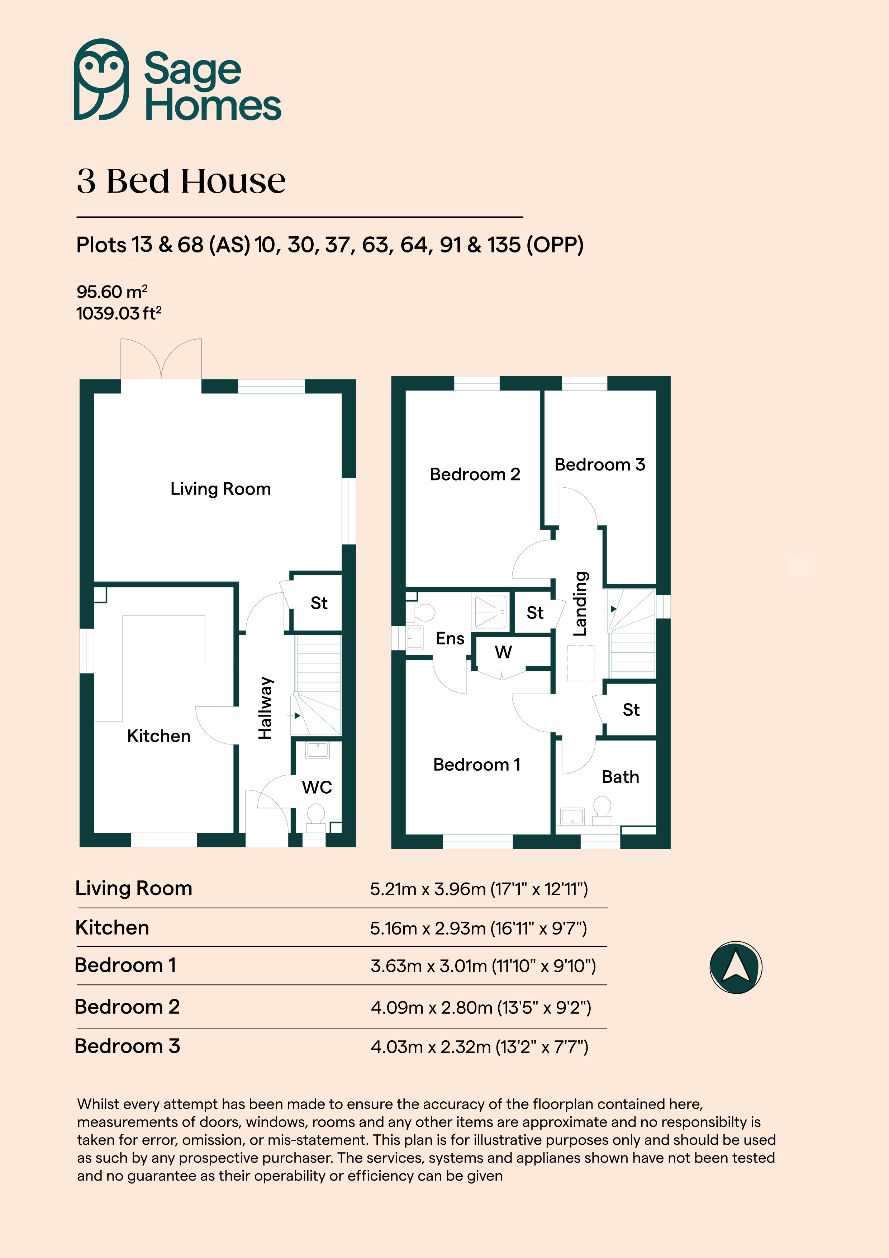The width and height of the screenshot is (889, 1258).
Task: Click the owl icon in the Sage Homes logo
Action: (x=102, y=80)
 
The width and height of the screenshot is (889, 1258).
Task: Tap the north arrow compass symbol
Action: (x=736, y=967)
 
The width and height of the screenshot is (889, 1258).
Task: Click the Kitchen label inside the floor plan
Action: (x=159, y=736)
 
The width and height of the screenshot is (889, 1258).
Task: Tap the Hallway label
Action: (x=265, y=708)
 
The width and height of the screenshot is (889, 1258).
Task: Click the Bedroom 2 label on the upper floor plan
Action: (x=475, y=474)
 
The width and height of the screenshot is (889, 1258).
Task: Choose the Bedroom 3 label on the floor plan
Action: (x=600, y=465)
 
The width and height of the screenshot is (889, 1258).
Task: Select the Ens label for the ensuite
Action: (x=450, y=638)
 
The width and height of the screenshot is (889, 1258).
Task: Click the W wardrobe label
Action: (x=503, y=652)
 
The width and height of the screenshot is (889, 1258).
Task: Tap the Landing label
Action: (x=580, y=604)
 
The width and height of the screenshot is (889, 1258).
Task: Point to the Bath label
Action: (x=621, y=777)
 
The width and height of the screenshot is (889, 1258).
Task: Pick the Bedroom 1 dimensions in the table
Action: (x=483, y=966)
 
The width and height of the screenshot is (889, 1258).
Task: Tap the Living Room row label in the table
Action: (x=134, y=888)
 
